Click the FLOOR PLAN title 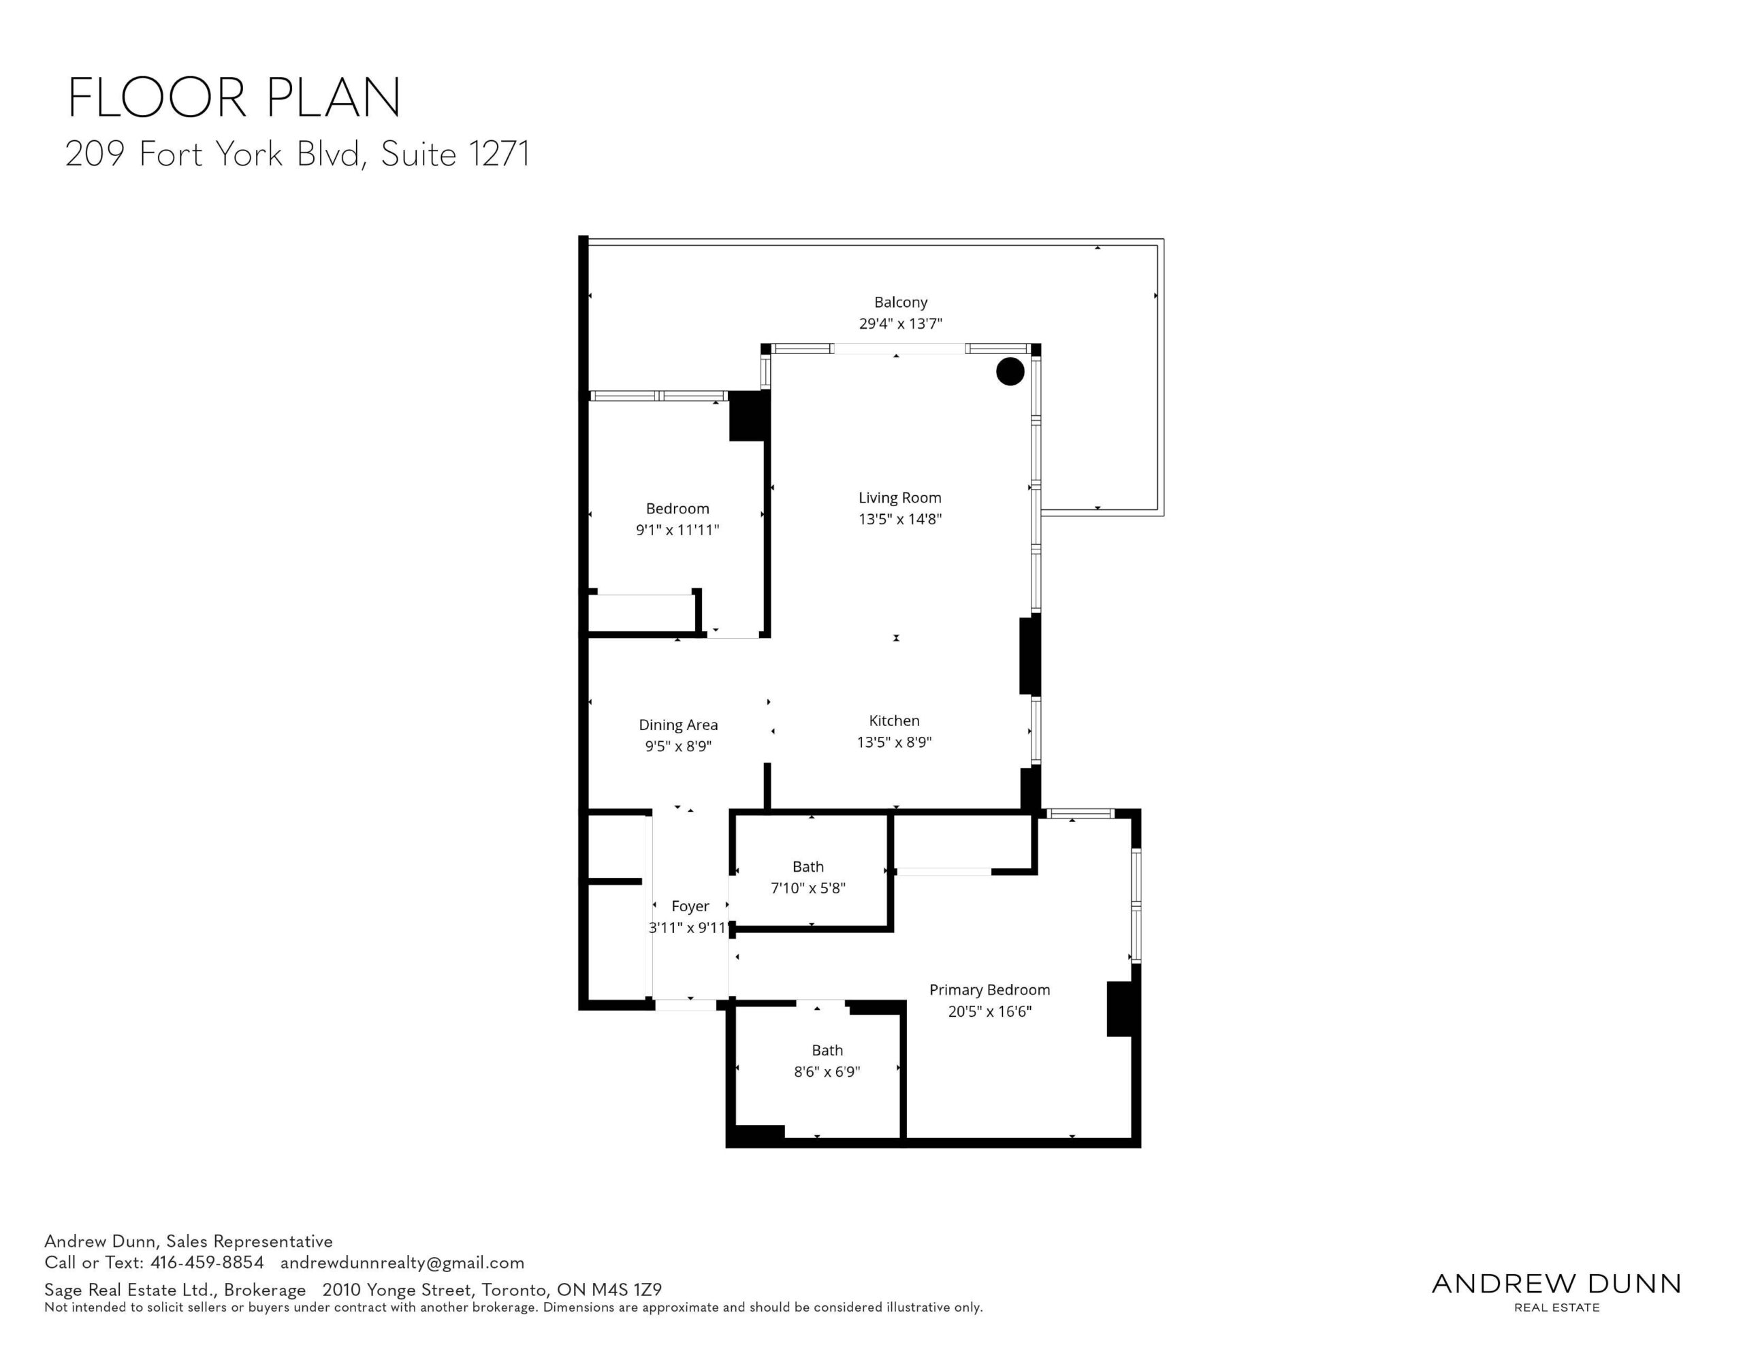click(x=234, y=98)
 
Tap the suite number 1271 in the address click(x=500, y=154)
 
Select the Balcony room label click(x=900, y=302)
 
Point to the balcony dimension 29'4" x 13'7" click(x=900, y=323)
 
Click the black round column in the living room click(x=1010, y=371)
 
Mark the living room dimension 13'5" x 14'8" click(x=899, y=519)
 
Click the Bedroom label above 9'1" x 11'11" click(x=677, y=509)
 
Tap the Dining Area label click(x=677, y=725)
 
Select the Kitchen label click(x=894, y=721)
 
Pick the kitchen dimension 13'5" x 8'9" click(x=894, y=742)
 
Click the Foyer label click(x=690, y=906)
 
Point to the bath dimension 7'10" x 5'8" click(x=807, y=888)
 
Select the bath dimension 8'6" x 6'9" click(x=827, y=1071)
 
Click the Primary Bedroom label click(x=989, y=990)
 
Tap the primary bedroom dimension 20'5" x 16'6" click(x=989, y=1012)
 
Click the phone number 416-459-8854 click(x=207, y=1263)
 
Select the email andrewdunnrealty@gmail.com click(x=402, y=1263)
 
